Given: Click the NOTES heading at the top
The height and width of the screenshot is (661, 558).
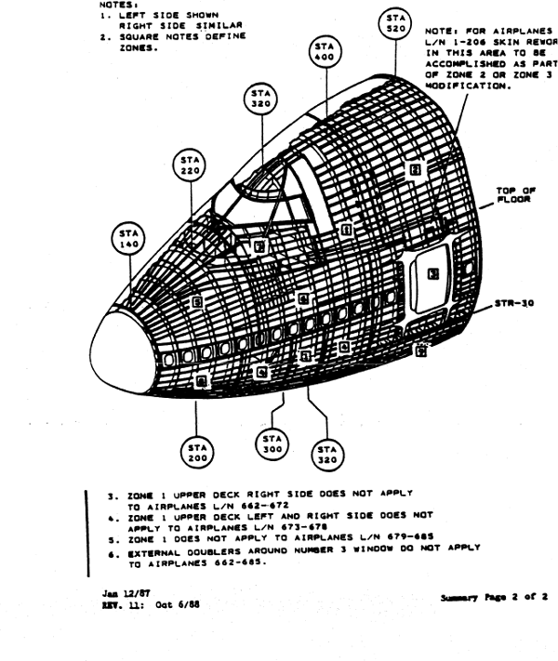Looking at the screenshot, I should (113, 6).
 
